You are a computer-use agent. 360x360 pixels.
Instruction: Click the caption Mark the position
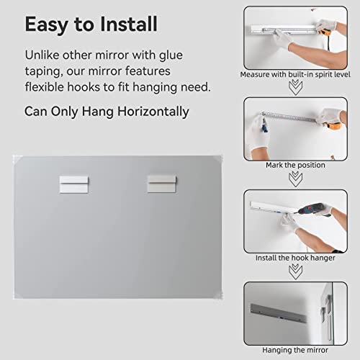pos(295,165)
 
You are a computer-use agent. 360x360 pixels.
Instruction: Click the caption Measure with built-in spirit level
pos(295,74)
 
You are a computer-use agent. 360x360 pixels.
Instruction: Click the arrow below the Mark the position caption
pos(295,178)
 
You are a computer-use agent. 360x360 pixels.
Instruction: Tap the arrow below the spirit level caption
pos(295,87)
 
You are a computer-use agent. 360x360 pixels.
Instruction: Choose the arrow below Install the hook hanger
pos(295,271)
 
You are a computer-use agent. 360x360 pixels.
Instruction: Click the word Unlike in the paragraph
pos(42,55)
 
